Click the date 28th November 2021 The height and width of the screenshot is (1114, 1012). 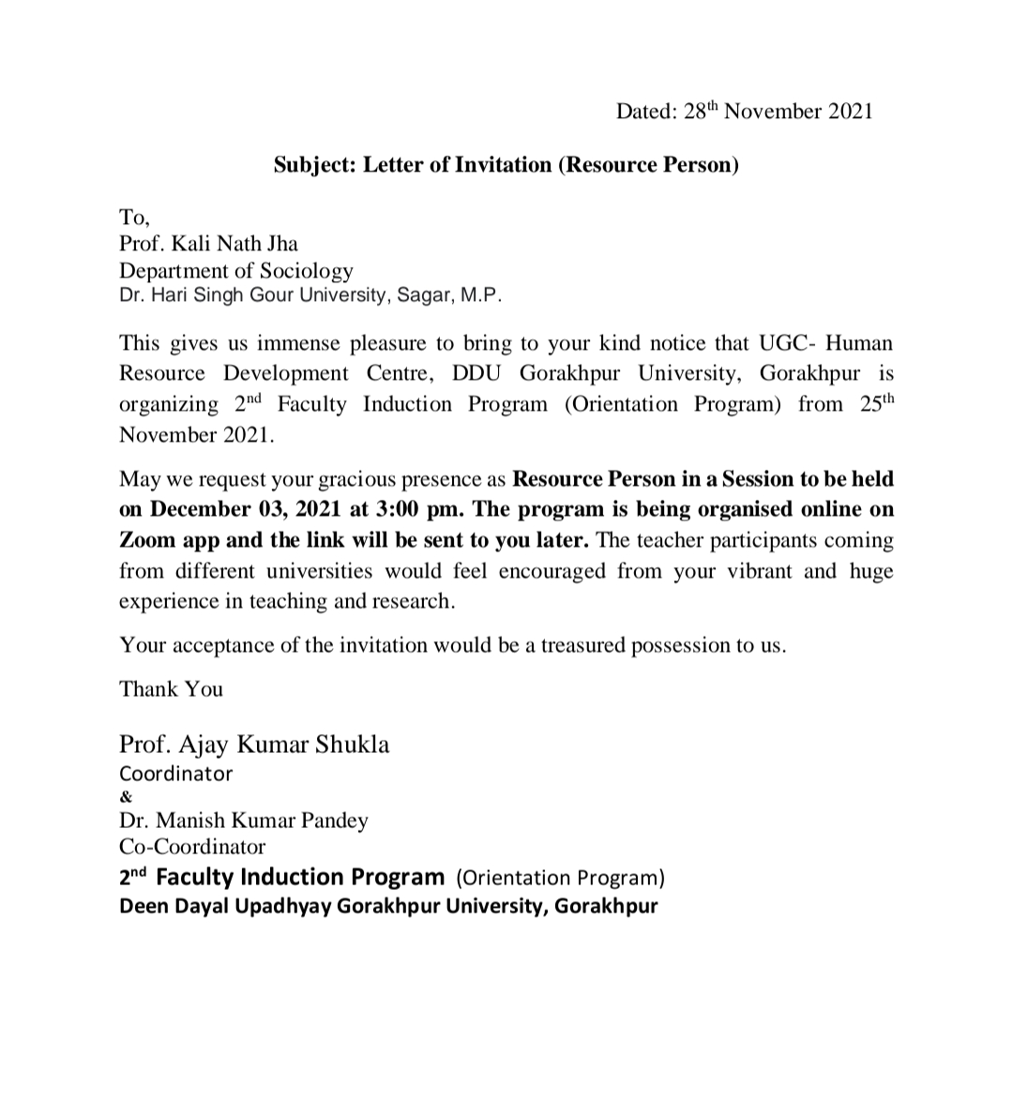tap(778, 112)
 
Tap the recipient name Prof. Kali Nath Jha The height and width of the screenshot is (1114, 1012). tap(208, 244)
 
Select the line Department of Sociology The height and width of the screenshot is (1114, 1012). tap(236, 271)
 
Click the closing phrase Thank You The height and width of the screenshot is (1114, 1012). tap(171, 689)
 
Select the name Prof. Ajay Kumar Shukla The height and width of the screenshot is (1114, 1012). tap(254, 745)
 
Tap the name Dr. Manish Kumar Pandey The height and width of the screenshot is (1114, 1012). tap(244, 820)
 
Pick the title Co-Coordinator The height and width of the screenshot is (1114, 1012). tap(192, 847)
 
